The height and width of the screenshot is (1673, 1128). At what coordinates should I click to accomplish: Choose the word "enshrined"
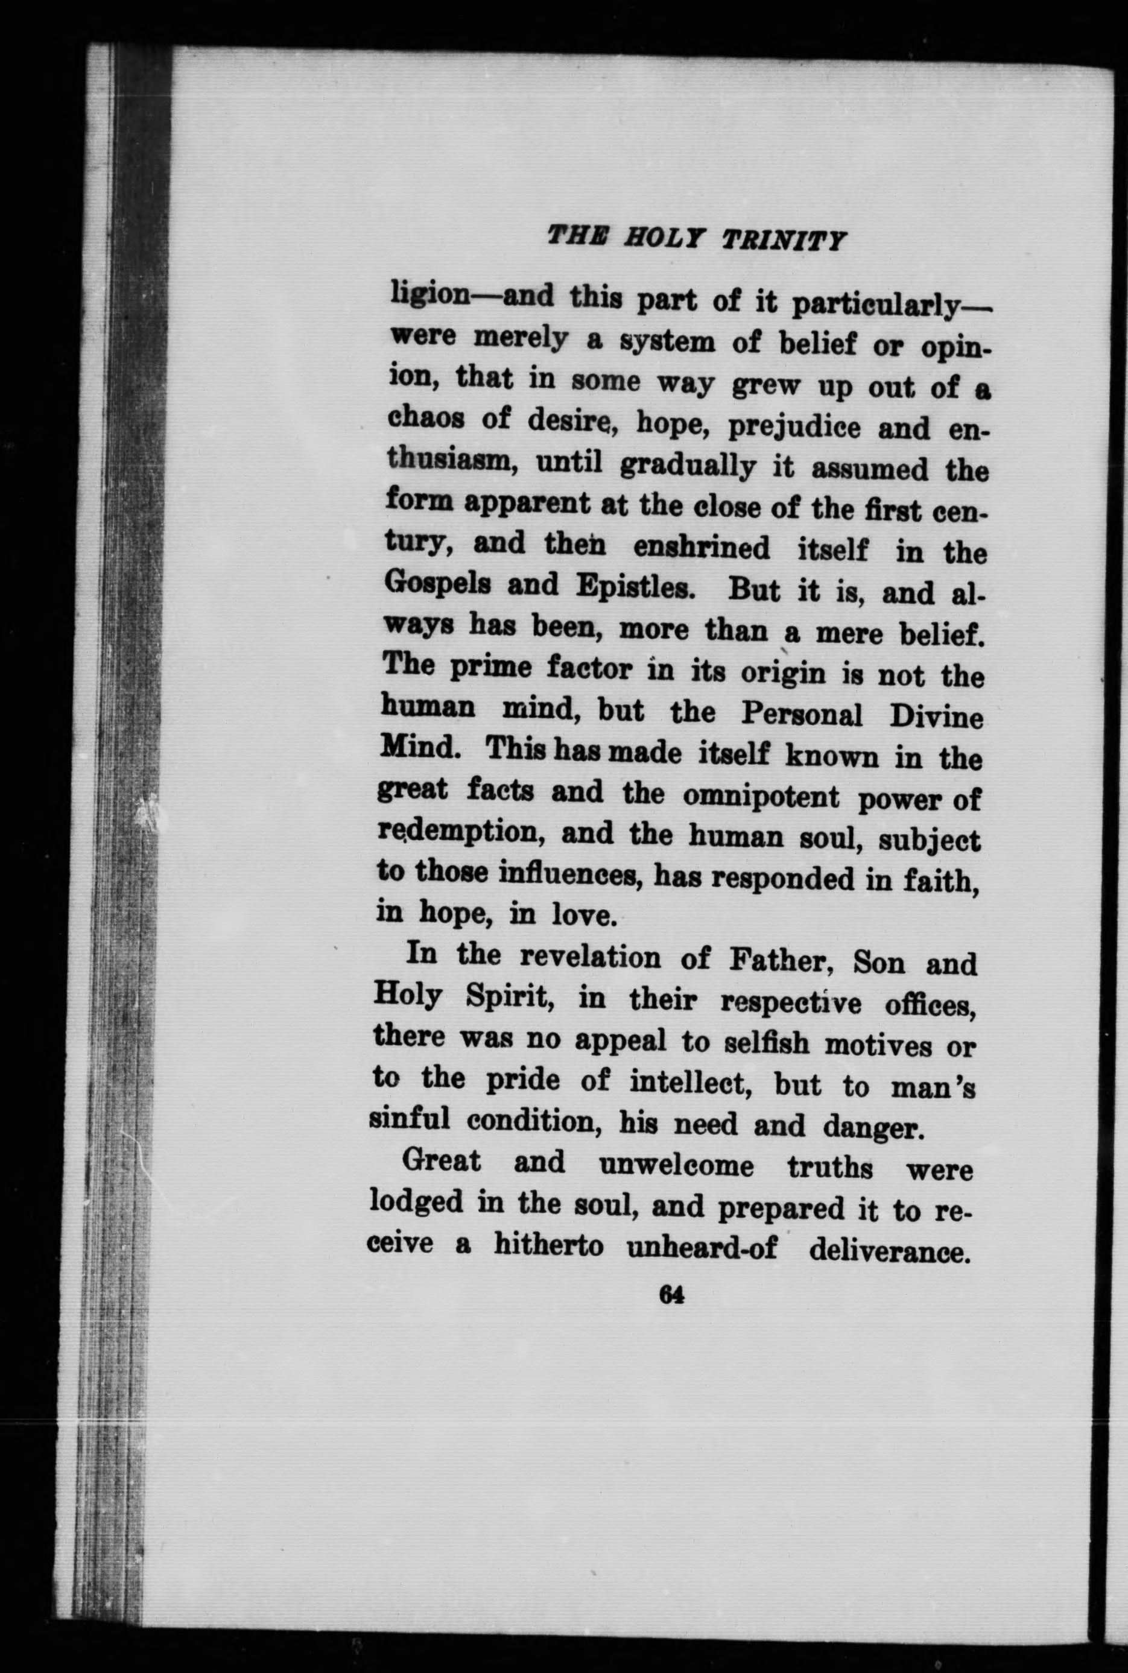coord(702,548)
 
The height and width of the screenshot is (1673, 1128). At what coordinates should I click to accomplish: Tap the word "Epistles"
coord(635,587)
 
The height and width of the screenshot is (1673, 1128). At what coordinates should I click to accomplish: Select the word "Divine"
coord(936,718)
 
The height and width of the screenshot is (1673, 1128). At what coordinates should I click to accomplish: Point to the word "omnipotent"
coord(761,796)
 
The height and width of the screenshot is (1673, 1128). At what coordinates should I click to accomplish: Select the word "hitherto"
coord(548,1245)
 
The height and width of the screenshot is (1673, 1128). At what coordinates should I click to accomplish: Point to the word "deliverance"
coord(886,1251)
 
